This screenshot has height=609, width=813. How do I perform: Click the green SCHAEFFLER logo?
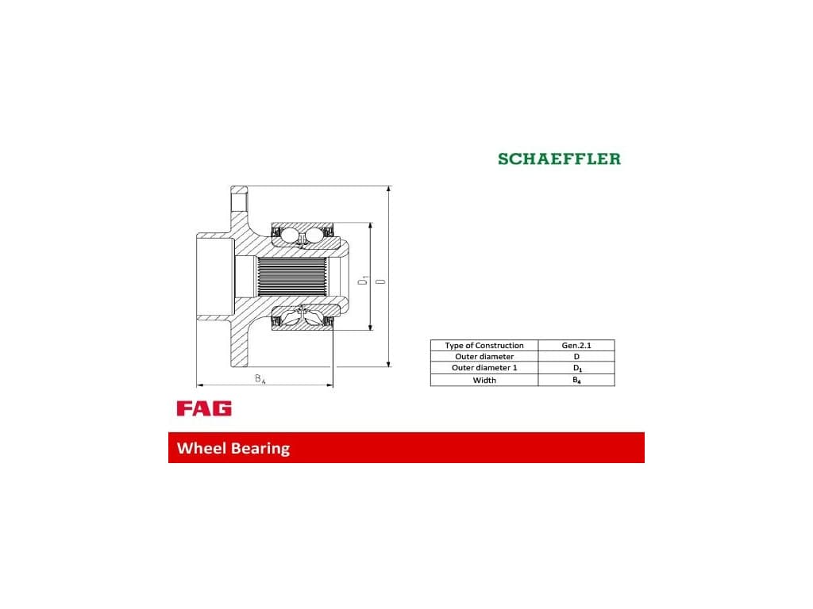pyautogui.click(x=559, y=159)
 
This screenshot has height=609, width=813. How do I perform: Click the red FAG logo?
pyautogui.click(x=204, y=408)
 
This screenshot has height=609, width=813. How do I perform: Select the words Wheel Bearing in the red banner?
pyautogui.click(x=233, y=448)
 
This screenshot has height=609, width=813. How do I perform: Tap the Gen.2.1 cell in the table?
pyautogui.click(x=576, y=346)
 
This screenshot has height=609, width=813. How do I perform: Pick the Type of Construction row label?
pyautogui.click(x=484, y=346)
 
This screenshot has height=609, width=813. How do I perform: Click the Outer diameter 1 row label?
pyautogui.click(x=484, y=368)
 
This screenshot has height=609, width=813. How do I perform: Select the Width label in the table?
pyautogui.click(x=484, y=380)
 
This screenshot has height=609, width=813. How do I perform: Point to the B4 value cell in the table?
pyautogui.click(x=576, y=380)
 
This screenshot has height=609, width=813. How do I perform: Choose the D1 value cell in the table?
pyautogui.click(x=576, y=368)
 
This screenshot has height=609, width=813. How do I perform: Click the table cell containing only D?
pyautogui.click(x=576, y=357)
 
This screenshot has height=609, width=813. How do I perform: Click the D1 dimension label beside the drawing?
pyautogui.click(x=362, y=282)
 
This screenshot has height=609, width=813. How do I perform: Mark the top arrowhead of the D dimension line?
pyautogui.click(x=388, y=190)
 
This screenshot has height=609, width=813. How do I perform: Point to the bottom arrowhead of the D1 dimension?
pyautogui.click(x=370, y=326)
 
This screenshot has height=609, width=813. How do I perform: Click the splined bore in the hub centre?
pyautogui.click(x=292, y=277)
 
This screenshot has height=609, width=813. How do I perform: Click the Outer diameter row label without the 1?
pyautogui.click(x=484, y=357)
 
